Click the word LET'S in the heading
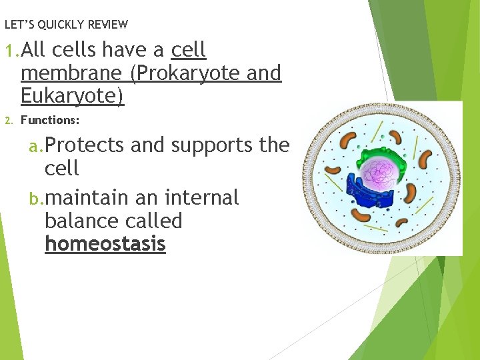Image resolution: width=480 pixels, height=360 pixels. point(19,25)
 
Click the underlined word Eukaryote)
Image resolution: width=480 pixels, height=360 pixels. point(73,96)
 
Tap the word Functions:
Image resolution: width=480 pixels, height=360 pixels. point(50,120)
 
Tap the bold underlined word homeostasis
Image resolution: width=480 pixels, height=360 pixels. point(105,244)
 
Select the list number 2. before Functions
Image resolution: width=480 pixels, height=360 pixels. point(9,121)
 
